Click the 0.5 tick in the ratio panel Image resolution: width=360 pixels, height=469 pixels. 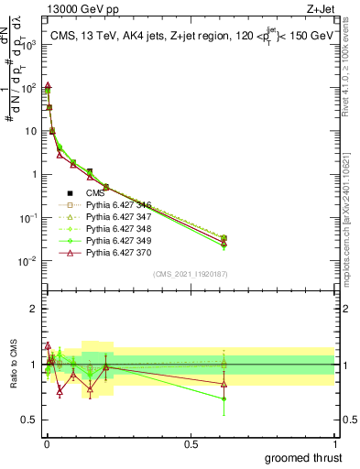(29, 420)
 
